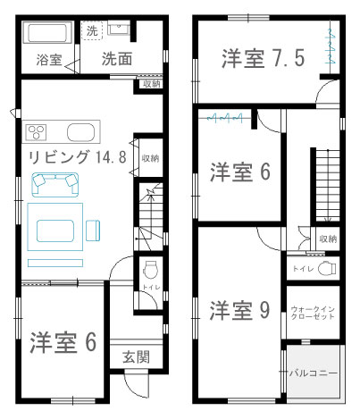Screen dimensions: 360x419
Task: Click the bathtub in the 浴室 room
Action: tap(47, 33)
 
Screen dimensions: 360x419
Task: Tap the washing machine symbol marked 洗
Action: tap(92, 30)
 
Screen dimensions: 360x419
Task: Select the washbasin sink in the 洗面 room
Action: tap(118, 29)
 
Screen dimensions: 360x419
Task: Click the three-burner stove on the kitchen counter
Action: tap(37, 132)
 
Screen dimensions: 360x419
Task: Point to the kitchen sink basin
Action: tap(81, 132)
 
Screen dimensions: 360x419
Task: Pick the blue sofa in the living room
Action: tap(55, 185)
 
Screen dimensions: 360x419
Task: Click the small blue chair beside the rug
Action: tap(93, 230)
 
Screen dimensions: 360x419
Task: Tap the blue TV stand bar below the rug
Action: tap(55, 263)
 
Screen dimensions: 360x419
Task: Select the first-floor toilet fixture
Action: tap(150, 270)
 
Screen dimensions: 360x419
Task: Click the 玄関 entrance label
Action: tap(136, 356)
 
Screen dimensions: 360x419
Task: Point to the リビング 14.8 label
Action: tap(78, 157)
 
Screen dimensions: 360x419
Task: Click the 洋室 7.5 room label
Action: tap(264, 58)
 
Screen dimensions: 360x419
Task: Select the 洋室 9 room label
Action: tap(240, 310)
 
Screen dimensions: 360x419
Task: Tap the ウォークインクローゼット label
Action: tap(313, 313)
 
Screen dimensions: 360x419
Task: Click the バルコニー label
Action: tap(314, 373)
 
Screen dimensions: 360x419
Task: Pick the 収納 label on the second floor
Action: tap(328, 239)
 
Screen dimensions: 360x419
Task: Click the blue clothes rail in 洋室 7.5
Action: tap(331, 46)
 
